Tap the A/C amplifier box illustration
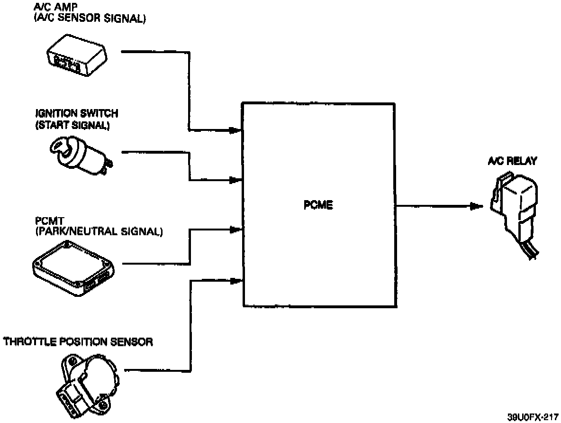[77, 55]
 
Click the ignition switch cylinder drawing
[81, 155]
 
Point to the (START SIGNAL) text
[72, 126]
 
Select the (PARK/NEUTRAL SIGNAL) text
[99, 231]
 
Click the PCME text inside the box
[318, 205]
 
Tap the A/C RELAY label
[512, 161]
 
